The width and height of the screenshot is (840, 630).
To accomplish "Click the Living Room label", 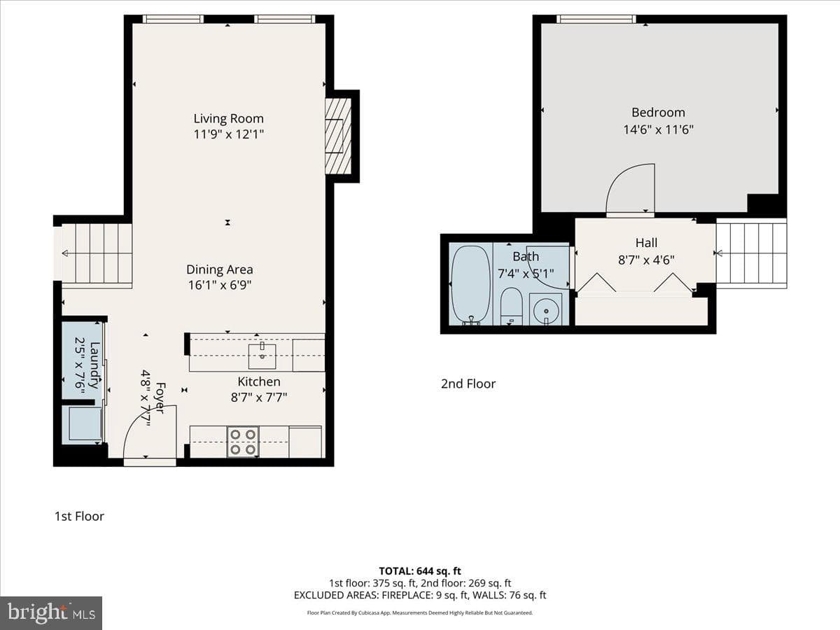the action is (x=228, y=118).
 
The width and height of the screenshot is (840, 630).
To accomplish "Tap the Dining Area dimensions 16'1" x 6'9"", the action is (x=220, y=286).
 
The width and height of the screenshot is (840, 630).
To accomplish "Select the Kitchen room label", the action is (x=259, y=381).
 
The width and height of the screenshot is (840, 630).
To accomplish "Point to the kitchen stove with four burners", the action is (x=243, y=442).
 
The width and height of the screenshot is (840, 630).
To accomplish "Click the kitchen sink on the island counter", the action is (x=262, y=356).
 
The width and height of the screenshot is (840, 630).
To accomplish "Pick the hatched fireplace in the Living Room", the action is (x=338, y=136).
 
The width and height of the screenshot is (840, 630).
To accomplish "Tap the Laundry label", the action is (x=95, y=365).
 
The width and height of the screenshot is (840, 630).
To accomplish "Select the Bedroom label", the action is (x=658, y=113).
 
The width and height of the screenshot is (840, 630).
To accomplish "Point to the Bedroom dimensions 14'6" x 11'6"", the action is (x=658, y=129).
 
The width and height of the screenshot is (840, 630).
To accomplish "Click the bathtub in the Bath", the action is (x=470, y=285).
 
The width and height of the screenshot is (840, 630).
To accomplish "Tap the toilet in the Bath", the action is (x=511, y=307).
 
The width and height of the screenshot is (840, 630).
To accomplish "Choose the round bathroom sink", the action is (x=547, y=309).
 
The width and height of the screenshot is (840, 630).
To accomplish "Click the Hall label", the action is (x=646, y=242).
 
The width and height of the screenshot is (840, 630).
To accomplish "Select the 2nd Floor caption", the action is (x=468, y=384).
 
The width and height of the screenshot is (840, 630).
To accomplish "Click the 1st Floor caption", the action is (x=79, y=516).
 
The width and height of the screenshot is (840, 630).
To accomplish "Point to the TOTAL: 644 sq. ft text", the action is (x=420, y=571).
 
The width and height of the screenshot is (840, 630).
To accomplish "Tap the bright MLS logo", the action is (x=51, y=613).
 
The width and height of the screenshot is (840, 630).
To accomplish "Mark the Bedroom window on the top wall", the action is (x=596, y=19).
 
